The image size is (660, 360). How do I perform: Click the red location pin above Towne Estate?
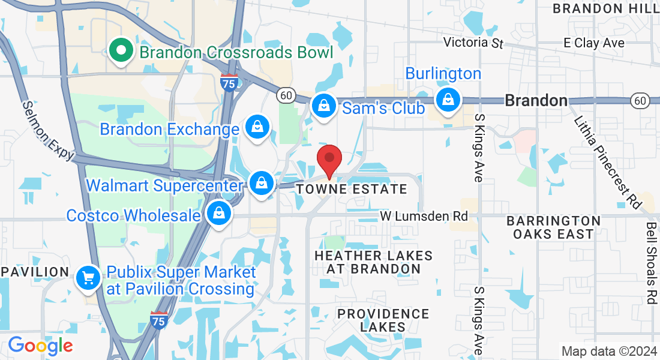click(x=329, y=159)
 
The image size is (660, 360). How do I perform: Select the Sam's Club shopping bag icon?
click(x=323, y=106)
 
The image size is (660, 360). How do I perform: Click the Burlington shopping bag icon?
click(x=448, y=100)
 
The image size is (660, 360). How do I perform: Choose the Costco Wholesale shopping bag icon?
click(x=219, y=213)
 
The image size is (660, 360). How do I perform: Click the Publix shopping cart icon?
click(x=89, y=277)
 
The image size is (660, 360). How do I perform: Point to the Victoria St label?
click(x=473, y=43)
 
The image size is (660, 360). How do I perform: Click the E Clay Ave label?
click(x=594, y=43)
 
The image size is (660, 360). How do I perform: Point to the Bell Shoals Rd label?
click(x=652, y=263)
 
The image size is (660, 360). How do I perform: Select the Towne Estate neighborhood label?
click(x=352, y=190)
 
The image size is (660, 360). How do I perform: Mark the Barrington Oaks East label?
click(x=553, y=227)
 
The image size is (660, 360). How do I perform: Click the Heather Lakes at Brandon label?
click(x=373, y=262)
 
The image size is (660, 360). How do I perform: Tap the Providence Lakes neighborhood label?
click(x=383, y=320)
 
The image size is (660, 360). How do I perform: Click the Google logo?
click(x=40, y=346)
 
